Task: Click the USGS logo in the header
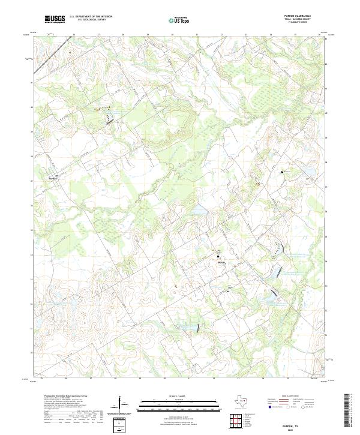pyautogui.click(x=55, y=19)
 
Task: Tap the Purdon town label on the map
pyautogui.click(x=53, y=178)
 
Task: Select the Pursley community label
pyautogui.click(x=221, y=262)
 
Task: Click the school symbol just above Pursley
pyautogui.click(x=218, y=256)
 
